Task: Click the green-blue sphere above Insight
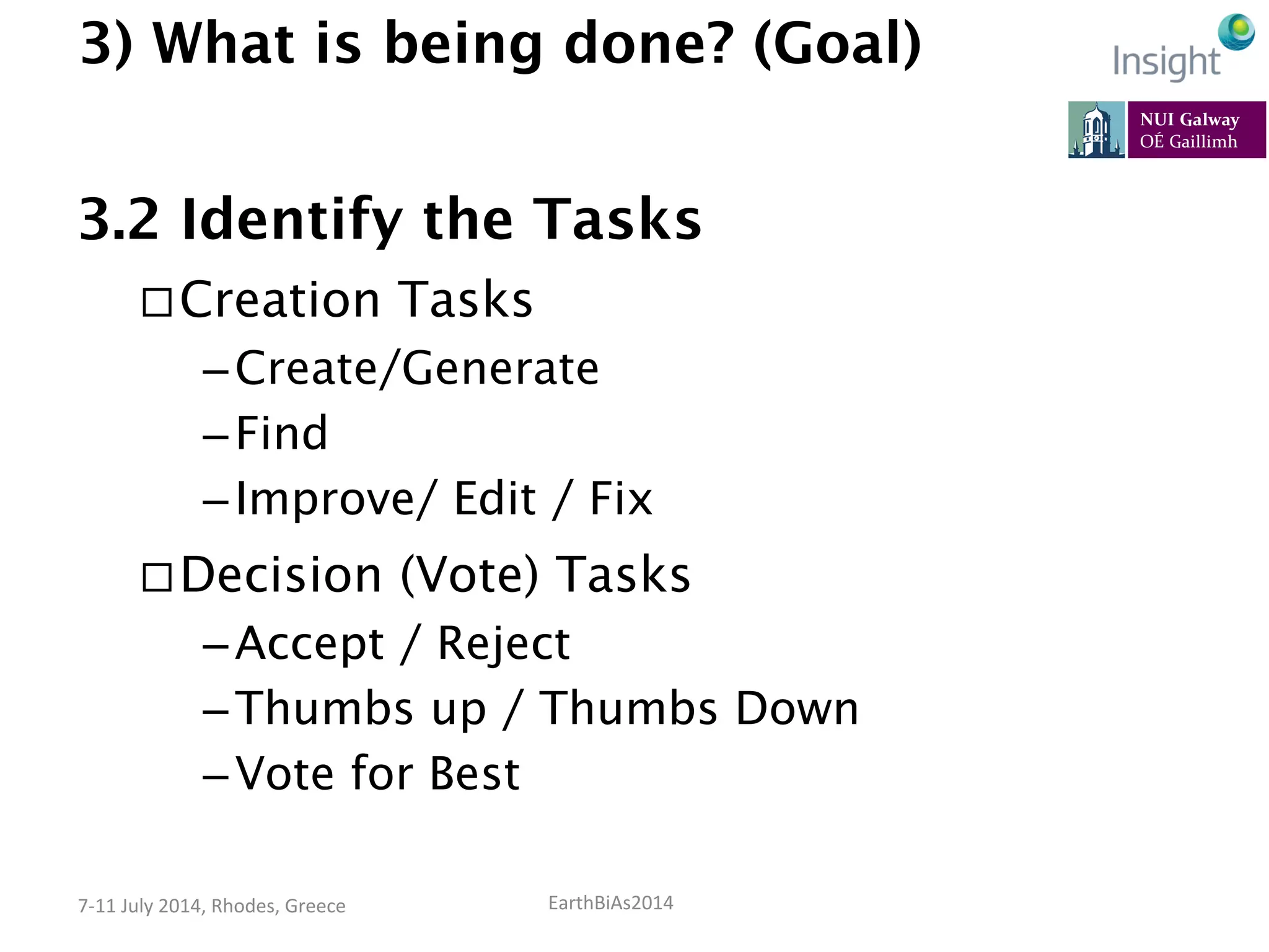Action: point(1236,32)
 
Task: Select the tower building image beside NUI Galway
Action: point(1096,130)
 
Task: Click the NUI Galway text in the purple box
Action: point(1189,119)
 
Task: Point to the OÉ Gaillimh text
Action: point(1188,142)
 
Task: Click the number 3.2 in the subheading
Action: point(119,219)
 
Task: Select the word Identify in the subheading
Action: point(292,221)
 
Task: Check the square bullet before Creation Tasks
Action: point(157,302)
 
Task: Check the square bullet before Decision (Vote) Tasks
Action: point(157,578)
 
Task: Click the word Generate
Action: point(501,369)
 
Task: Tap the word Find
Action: point(282,433)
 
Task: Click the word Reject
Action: point(503,645)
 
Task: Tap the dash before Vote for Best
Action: point(216,776)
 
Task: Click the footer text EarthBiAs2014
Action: point(610,903)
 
